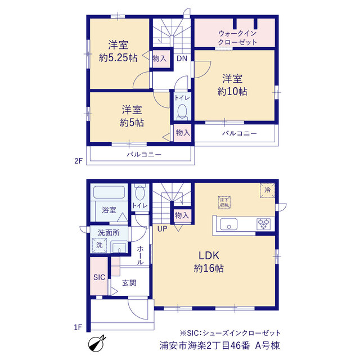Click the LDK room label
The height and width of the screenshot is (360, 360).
pyautogui.click(x=209, y=255)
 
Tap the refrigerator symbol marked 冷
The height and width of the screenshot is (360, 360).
pyautogui.click(x=268, y=190)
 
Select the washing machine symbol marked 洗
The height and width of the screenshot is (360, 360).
pyautogui.click(x=100, y=245)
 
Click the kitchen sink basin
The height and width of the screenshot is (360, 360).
pyautogui.click(x=229, y=224)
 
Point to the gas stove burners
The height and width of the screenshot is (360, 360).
pyautogui.click(x=264, y=224)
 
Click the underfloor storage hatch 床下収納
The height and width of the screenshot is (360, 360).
pyautogui.click(x=224, y=202)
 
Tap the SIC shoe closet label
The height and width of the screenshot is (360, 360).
pyautogui.click(x=99, y=277)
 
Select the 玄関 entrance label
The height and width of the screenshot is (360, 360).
pyautogui.click(x=129, y=283)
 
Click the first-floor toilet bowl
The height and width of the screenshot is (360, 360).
pyautogui.click(x=140, y=193)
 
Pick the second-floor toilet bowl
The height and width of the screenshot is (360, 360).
pyautogui.click(x=182, y=111)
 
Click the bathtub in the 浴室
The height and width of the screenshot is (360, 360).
pyautogui.click(x=109, y=192)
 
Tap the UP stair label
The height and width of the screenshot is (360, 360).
pyautogui.click(x=163, y=229)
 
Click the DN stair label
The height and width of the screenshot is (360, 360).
pyautogui.click(x=182, y=58)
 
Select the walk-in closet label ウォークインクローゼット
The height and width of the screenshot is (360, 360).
pyautogui.click(x=237, y=38)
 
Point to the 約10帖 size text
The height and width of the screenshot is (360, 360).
pyautogui.click(x=232, y=91)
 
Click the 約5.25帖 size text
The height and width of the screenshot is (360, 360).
pyautogui.click(x=118, y=57)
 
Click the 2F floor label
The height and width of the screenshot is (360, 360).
pyautogui.click(x=78, y=161)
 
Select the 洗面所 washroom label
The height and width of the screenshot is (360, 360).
pyautogui.click(x=109, y=232)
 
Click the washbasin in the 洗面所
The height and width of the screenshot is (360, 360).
pyautogui.click(x=119, y=247)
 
